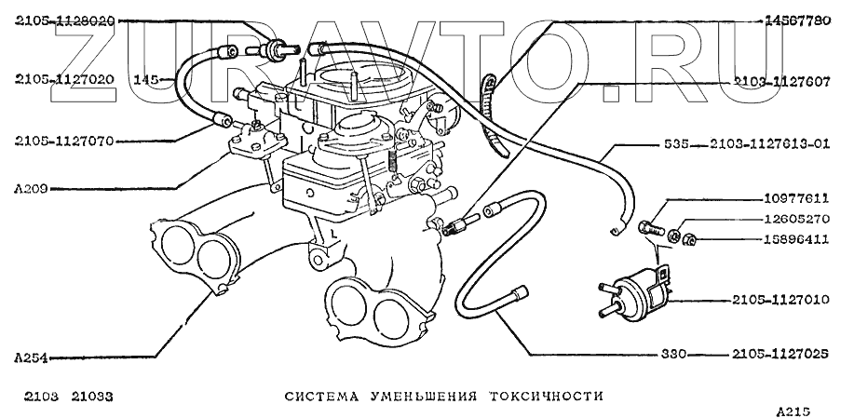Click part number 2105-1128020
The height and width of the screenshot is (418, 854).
click(x=63, y=19)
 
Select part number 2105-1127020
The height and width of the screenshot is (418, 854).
click(x=63, y=79)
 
